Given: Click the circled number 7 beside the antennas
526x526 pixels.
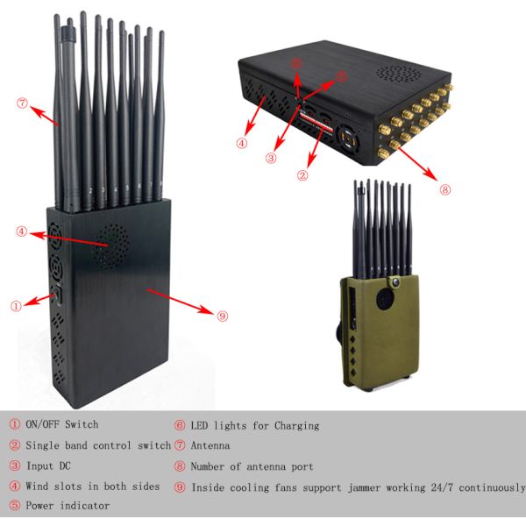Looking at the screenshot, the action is (x=22, y=103).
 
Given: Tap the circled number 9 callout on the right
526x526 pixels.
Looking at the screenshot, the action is (x=223, y=316).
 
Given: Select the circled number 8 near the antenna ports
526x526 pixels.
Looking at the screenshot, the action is (x=444, y=189).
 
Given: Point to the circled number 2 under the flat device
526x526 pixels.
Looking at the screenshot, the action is (x=302, y=175).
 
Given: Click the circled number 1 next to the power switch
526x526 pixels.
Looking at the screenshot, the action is (x=16, y=306).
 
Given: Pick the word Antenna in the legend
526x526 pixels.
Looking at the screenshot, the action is (x=210, y=445).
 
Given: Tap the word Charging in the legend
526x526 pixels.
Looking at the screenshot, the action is (x=296, y=426).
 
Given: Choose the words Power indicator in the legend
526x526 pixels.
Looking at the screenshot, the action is (x=68, y=506).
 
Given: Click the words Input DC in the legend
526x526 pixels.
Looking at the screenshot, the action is (x=48, y=466).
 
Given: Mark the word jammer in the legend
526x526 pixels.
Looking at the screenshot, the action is (x=364, y=487).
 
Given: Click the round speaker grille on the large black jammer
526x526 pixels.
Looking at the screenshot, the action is (x=111, y=246).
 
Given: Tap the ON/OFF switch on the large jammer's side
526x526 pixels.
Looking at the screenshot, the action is (x=58, y=295).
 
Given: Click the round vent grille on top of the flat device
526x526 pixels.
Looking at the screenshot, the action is (x=398, y=74).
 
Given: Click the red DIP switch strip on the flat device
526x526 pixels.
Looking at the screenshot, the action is (x=316, y=123).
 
